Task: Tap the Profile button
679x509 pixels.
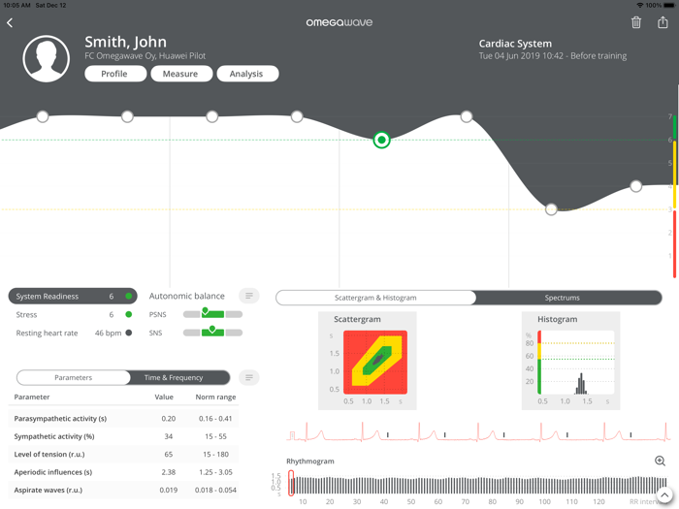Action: [x=114, y=74]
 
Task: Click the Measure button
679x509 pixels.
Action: [x=180, y=74]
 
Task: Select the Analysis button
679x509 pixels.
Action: [x=246, y=74]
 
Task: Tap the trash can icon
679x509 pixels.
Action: [x=636, y=22]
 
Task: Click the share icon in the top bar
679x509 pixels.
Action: [x=663, y=22]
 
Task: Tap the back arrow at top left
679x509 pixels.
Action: [x=10, y=22]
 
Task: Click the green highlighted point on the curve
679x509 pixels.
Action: [x=381, y=141]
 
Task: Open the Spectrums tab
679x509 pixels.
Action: [x=563, y=298]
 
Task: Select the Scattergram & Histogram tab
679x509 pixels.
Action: [x=375, y=298]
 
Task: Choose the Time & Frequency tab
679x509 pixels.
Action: [x=174, y=377]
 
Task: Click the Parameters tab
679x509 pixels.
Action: [x=74, y=377]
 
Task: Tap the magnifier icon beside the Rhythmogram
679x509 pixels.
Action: [x=660, y=461]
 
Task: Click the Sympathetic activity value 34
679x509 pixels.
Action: [x=168, y=436]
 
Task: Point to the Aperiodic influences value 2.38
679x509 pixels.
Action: [x=167, y=472]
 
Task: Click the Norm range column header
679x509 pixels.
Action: [x=215, y=397]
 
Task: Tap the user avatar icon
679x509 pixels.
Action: [x=47, y=58]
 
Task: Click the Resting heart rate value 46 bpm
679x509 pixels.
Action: [x=109, y=333]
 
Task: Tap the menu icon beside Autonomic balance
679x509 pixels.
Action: [x=249, y=296]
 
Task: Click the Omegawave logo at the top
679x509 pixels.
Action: [x=339, y=22]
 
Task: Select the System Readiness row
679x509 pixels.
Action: [x=72, y=296]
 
